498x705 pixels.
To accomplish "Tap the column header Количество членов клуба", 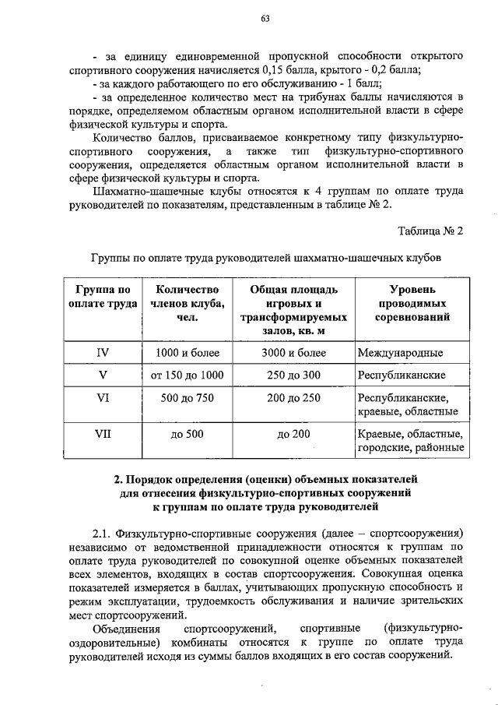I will (x=187, y=303).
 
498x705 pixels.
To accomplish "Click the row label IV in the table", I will (x=102, y=353).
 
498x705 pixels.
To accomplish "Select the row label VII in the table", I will (x=102, y=433).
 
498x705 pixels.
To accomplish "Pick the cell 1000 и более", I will (x=187, y=353).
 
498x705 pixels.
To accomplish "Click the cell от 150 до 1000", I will (x=187, y=375).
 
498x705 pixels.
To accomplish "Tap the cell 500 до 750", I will (x=187, y=397).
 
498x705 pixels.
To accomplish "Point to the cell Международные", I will (x=401, y=353).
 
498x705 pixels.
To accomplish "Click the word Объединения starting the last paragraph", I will (x=125, y=628).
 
